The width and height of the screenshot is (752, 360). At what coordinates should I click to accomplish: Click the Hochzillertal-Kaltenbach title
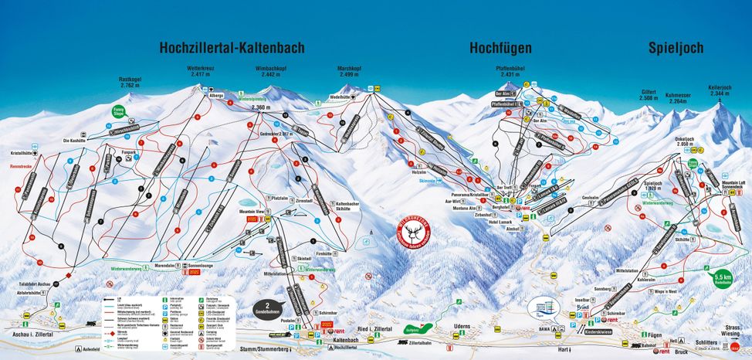click(232, 48)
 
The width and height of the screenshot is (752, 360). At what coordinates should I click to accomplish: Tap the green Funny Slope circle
click(118, 112)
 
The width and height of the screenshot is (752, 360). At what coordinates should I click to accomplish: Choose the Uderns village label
click(462, 327)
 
